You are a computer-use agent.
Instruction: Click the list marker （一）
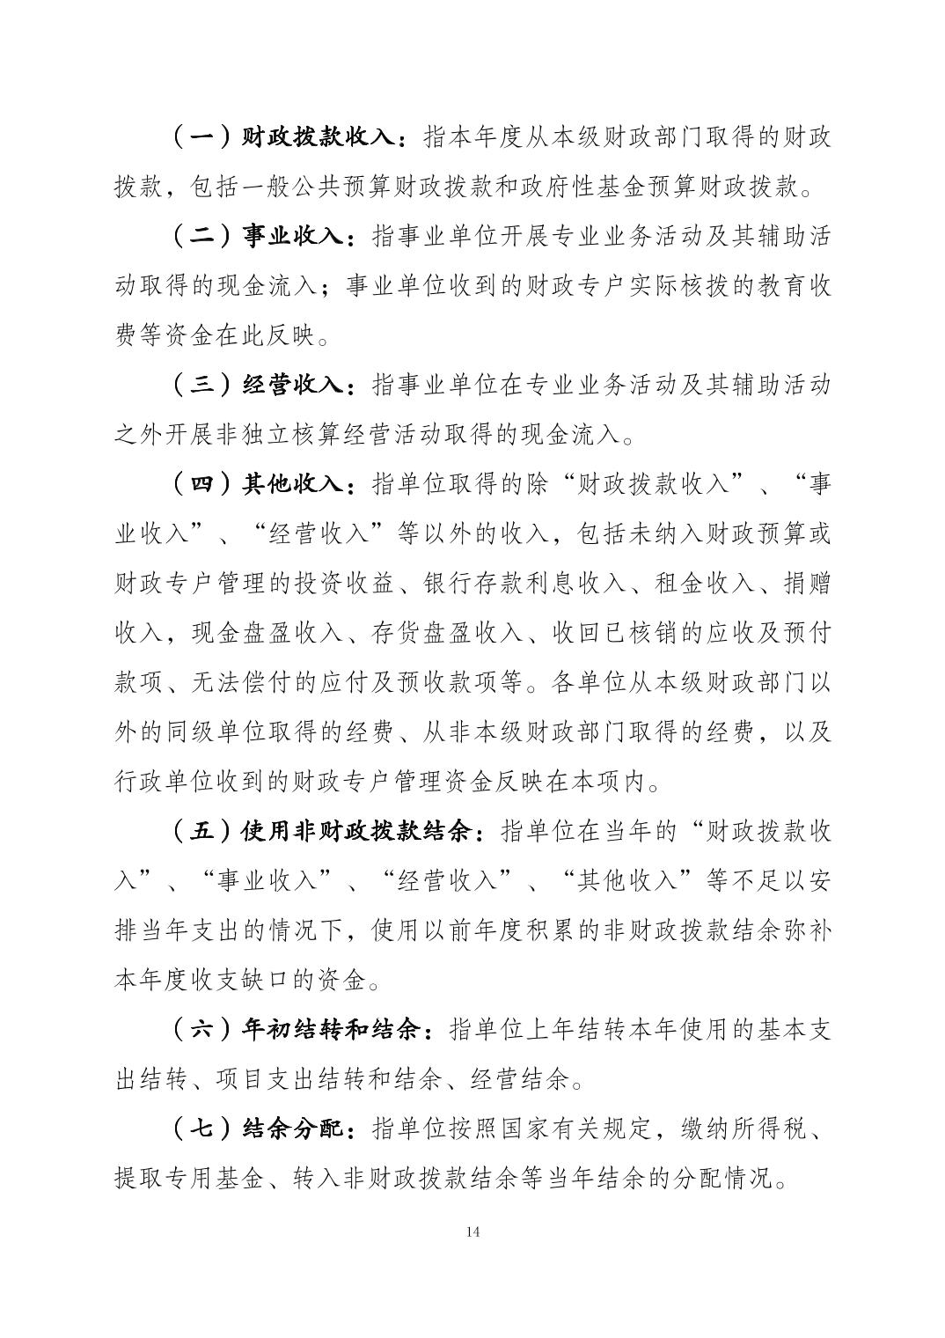[x=201, y=138]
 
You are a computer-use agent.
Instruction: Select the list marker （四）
[x=201, y=484]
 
